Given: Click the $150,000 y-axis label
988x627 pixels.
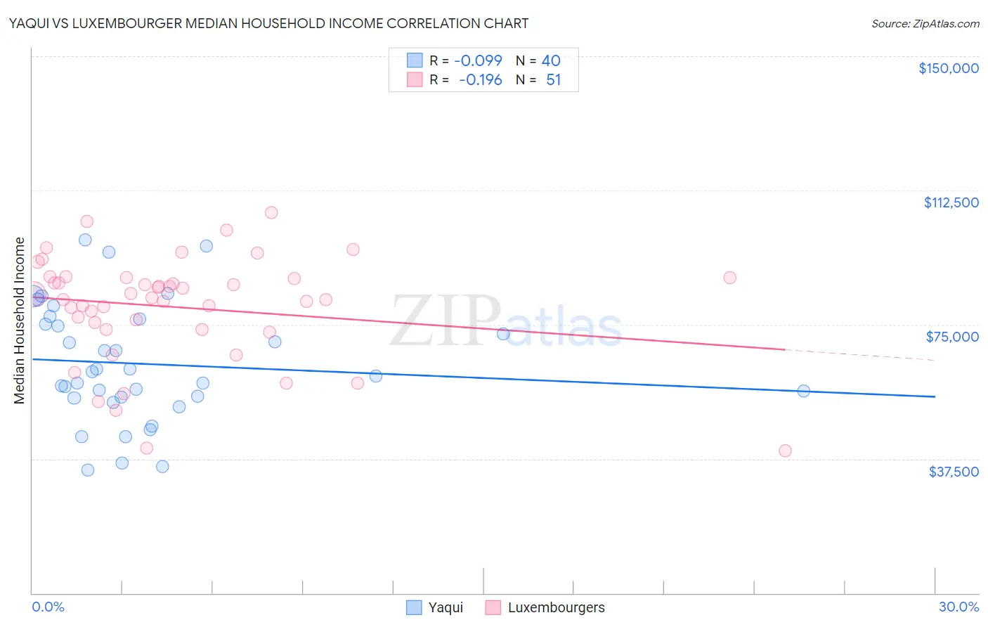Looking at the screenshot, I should pos(948,68).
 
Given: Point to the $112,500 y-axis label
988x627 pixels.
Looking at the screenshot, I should pos(951,202).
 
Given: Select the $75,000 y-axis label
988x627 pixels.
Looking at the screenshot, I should pos(952,337).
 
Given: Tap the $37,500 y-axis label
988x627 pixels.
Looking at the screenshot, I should pos(954,472).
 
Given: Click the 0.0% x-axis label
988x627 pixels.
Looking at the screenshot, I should pos(48,607).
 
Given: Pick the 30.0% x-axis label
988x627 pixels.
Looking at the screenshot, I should pos(958,607).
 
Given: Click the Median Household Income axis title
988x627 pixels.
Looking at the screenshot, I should pos(19,321).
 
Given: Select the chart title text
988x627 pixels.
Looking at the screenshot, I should pos(268,23).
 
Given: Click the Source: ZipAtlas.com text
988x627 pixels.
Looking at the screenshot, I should pos(925,24).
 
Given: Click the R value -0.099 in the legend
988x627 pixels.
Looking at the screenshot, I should pos(478,60).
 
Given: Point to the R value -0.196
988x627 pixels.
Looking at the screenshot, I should pos(480,80).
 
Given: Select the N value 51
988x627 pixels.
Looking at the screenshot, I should pos(553,80).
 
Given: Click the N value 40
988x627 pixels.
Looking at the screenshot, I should pos(551,60).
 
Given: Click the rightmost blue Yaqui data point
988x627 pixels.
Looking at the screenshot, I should pos(803,391).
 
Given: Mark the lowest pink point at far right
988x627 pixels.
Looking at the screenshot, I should pos(785,451).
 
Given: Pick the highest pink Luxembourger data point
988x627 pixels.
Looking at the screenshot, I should pos(271,212).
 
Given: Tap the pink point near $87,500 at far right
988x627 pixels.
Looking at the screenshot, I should pos(729,278).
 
